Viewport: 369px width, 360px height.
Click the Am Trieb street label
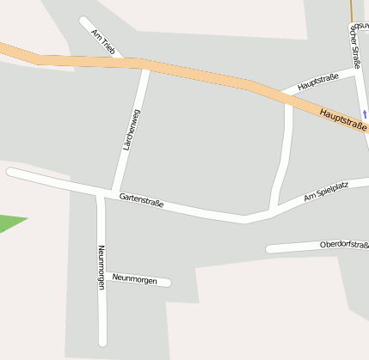coord(102,40)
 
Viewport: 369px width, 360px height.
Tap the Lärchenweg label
coord(131,131)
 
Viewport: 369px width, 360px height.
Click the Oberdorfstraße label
coord(343,245)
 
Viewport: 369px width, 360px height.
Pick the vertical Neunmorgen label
coord(101,266)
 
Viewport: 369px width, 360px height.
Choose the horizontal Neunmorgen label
coord(135,279)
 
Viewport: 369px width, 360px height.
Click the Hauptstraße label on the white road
coord(318,83)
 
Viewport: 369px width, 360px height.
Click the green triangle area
coord(10,223)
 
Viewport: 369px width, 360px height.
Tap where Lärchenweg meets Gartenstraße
coord(113,192)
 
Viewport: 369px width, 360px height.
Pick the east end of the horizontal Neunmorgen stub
coord(169,282)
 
